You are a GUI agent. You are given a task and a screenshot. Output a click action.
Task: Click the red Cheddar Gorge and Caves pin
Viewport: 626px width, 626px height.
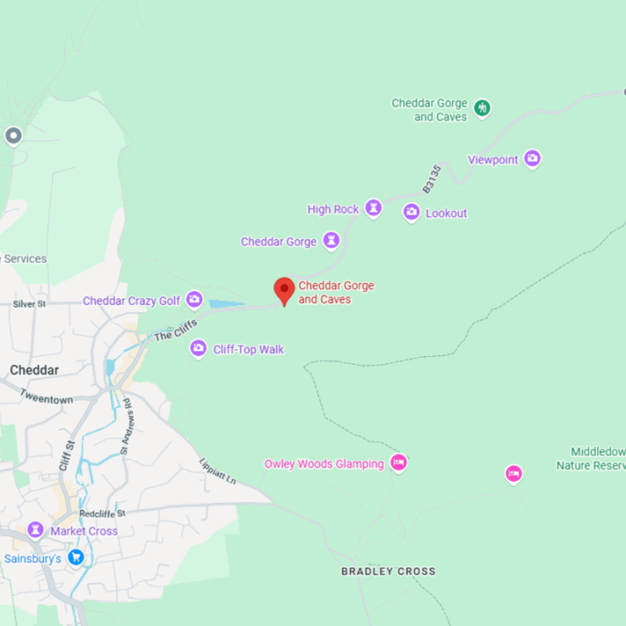point(284,290)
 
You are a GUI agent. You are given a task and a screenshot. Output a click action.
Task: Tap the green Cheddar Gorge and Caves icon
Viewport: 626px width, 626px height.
point(482,108)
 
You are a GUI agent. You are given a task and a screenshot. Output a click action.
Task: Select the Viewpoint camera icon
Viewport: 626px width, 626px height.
point(532,159)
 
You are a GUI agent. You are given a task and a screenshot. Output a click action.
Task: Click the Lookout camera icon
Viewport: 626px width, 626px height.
point(411,212)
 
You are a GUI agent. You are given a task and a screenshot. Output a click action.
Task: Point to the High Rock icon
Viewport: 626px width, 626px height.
point(373,208)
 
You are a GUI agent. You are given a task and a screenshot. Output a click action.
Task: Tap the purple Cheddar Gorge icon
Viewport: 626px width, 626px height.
point(331,240)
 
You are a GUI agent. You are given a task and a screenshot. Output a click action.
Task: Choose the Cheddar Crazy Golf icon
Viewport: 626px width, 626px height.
point(194,300)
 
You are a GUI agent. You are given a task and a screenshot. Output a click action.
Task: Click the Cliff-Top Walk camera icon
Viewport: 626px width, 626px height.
point(199,349)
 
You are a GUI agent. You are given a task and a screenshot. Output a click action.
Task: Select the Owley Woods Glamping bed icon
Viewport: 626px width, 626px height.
point(398,462)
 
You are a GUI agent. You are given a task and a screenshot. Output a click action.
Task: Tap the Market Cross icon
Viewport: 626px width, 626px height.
point(35,530)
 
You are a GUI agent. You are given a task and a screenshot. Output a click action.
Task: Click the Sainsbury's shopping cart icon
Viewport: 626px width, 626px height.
point(76,557)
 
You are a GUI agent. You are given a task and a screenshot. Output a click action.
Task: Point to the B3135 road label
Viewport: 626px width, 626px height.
point(431,178)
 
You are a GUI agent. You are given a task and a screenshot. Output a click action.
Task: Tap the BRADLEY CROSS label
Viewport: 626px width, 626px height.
point(388,571)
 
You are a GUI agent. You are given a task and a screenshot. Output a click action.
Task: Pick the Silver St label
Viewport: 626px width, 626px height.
point(30,304)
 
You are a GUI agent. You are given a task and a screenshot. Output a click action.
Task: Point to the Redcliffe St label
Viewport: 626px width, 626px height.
point(102,513)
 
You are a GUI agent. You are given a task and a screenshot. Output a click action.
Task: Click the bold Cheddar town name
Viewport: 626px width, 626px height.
point(34,370)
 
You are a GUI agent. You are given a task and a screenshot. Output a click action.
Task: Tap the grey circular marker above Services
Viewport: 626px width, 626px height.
point(12,135)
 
